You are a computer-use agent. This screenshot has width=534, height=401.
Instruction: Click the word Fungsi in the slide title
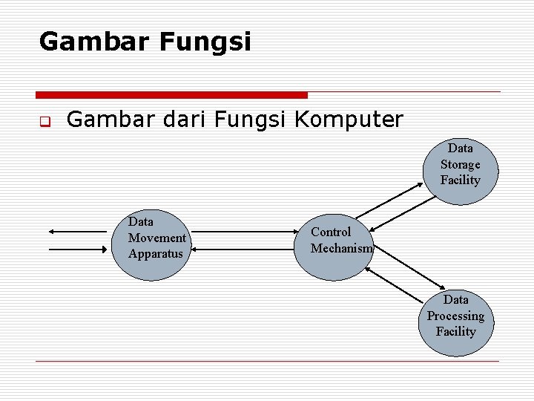click(x=205, y=42)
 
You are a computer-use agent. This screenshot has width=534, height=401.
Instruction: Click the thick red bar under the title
click(x=171, y=95)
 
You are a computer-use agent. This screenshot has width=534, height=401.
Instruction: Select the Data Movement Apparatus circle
click(x=154, y=245)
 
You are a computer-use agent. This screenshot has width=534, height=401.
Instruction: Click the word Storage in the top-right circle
click(x=461, y=164)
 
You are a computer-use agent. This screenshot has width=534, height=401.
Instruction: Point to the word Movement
click(x=157, y=238)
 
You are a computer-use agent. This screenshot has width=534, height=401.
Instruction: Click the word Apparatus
click(x=155, y=254)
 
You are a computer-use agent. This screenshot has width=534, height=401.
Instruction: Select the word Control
click(x=331, y=232)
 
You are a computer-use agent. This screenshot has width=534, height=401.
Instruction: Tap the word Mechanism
click(x=342, y=248)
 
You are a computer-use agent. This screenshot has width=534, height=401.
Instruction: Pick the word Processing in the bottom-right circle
click(x=455, y=316)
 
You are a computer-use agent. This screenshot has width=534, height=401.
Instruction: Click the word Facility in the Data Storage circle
click(x=461, y=180)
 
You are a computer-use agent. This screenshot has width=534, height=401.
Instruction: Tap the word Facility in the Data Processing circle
click(x=455, y=331)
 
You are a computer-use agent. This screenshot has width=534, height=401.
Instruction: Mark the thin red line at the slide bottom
click(x=267, y=361)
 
